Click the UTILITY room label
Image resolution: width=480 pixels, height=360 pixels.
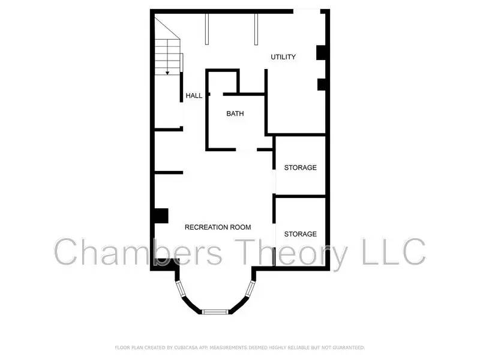[283, 57]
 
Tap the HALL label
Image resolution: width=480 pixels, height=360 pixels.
[194, 95]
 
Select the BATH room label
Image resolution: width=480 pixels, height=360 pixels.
[235, 113]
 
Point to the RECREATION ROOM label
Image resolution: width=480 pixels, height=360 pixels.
[218, 227]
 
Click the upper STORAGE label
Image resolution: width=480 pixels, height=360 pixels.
[300, 167]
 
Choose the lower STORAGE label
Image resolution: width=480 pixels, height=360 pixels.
[300, 233]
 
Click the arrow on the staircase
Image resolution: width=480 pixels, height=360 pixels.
[168, 72]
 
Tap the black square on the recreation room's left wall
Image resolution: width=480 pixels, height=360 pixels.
[160, 215]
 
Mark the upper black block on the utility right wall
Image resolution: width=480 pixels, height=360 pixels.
[322, 53]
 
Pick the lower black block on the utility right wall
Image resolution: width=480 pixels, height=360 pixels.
[322, 84]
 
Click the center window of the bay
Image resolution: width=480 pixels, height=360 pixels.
[215, 311]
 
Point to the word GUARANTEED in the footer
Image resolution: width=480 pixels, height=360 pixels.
[346, 347]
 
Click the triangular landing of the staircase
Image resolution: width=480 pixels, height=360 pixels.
[163, 27]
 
